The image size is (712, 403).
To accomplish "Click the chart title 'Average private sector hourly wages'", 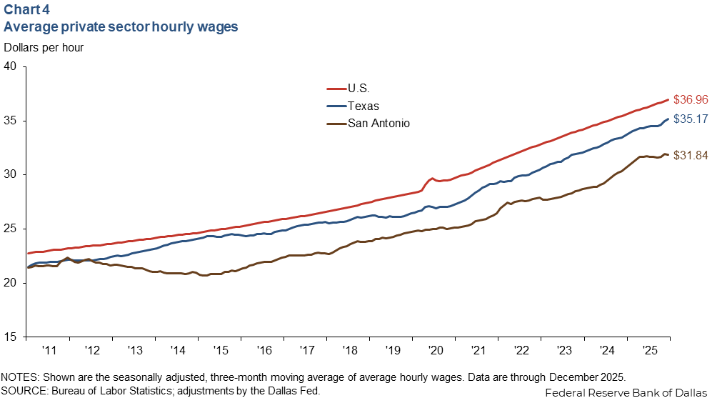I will pos(121,27).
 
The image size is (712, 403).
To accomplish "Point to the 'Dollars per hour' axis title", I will pos(44,48).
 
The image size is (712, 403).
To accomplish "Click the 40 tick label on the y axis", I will pos(10,66).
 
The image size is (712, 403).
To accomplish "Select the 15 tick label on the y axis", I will pos(10,337).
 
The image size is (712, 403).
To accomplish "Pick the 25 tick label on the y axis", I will pos(10,229).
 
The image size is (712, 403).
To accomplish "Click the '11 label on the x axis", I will pos(49,351).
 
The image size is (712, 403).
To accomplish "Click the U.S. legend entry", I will pos(358,89).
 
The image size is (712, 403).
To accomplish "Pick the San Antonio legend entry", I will pos(378,123).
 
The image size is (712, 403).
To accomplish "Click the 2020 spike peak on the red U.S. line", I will pos(432,179).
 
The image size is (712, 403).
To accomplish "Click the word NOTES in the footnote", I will pos(20,377).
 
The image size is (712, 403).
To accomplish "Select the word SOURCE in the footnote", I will pos(24,390).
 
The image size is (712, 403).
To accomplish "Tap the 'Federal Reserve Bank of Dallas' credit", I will pos(626,393).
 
